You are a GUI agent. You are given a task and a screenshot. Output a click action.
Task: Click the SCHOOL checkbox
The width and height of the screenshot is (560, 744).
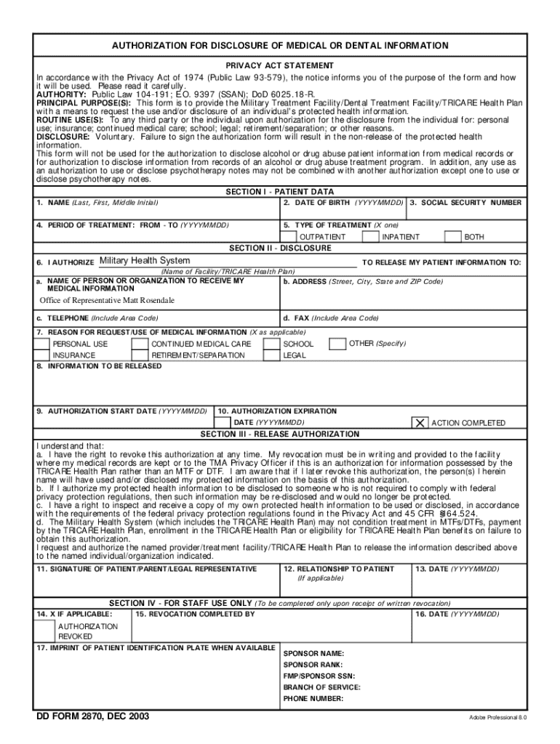[x=271, y=344]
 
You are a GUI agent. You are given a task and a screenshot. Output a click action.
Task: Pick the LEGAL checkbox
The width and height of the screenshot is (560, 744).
[x=271, y=355]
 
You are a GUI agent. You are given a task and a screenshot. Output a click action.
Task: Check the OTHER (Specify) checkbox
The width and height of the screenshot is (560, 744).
[x=337, y=343]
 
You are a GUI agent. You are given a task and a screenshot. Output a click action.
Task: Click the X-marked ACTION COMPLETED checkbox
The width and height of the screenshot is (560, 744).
[x=420, y=423]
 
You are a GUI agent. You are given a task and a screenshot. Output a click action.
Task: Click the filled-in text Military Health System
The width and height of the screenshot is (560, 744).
[x=145, y=261]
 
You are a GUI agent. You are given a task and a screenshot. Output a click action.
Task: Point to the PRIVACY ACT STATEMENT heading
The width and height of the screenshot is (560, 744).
[x=280, y=65]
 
